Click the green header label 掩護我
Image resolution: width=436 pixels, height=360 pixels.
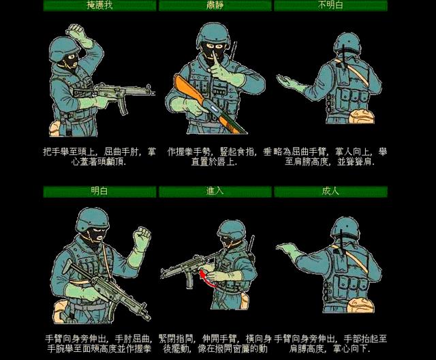tap(101, 6)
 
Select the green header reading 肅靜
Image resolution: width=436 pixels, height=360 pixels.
tap(215, 6)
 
